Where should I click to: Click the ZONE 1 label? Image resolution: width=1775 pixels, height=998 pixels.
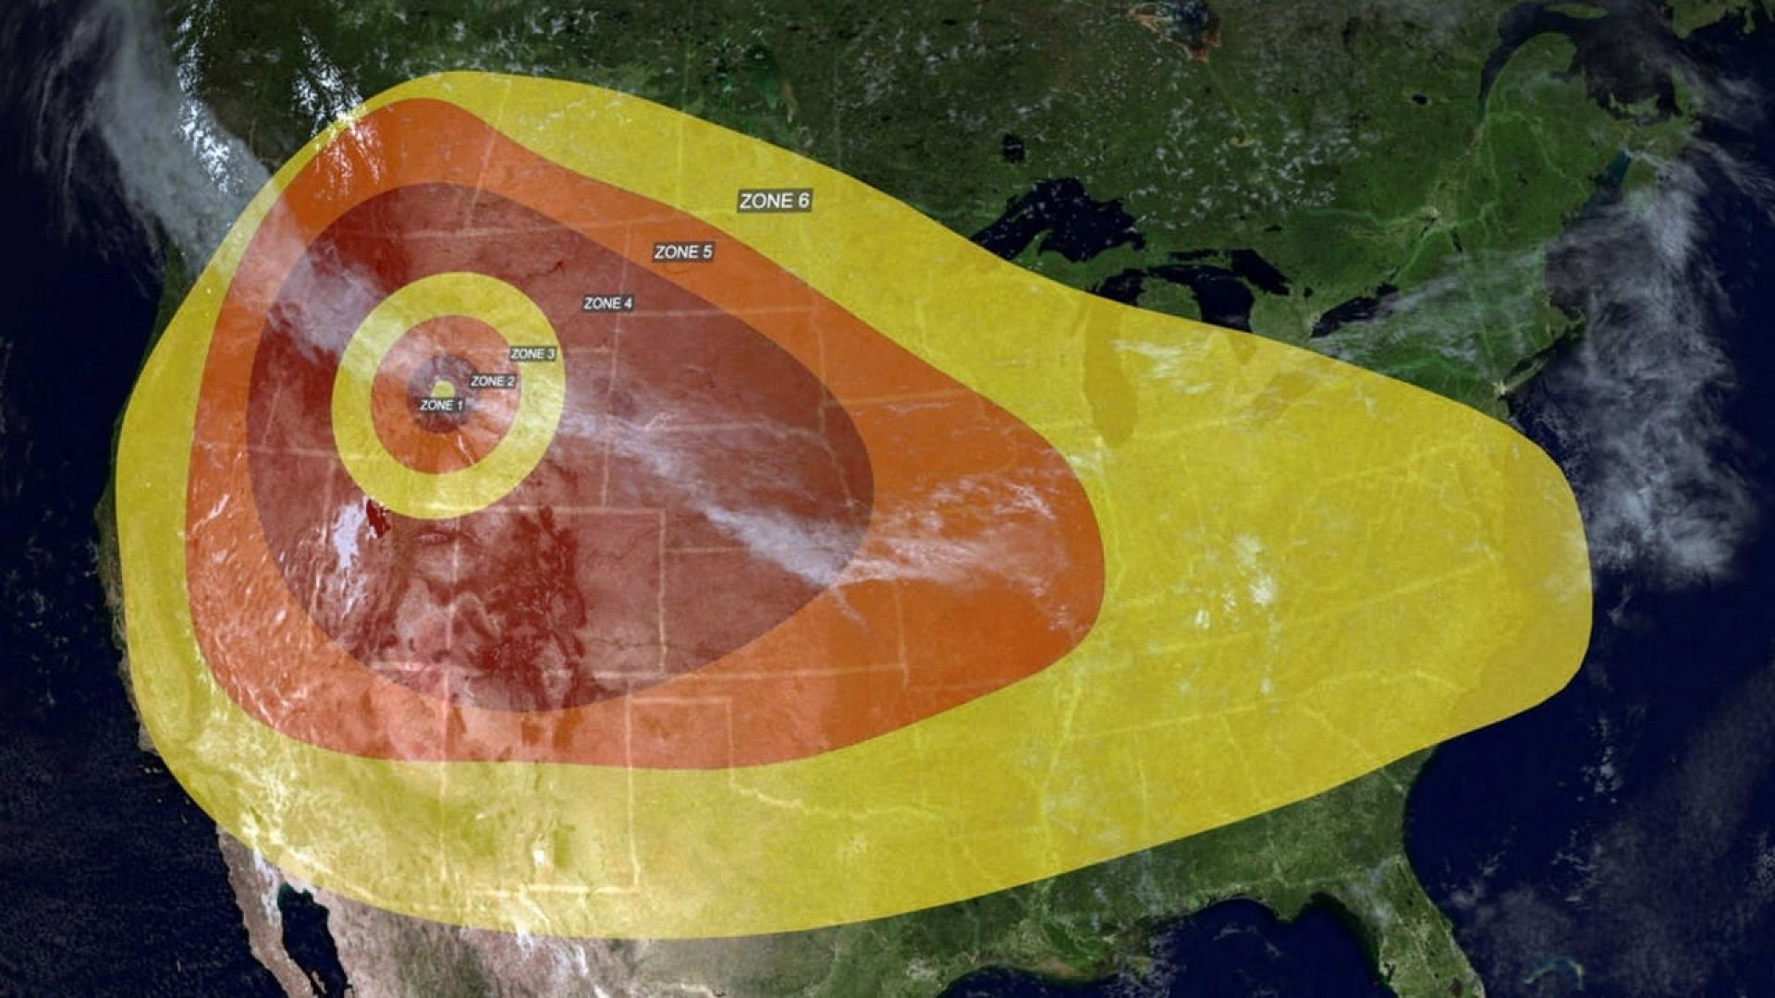click(442, 405)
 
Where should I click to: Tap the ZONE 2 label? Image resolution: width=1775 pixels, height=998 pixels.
click(493, 381)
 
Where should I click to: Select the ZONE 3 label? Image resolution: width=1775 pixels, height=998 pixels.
click(532, 354)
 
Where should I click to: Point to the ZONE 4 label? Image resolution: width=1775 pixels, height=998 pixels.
click(608, 303)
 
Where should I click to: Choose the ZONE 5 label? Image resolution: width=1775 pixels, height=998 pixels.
click(683, 252)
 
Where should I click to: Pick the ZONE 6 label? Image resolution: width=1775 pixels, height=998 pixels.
click(775, 201)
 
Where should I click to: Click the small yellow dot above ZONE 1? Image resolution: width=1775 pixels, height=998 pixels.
click(443, 388)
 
